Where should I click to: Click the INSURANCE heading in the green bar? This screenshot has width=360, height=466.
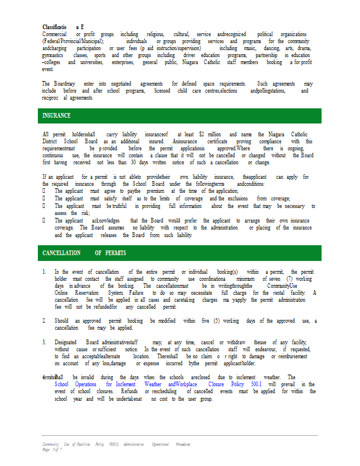(x=57, y=116)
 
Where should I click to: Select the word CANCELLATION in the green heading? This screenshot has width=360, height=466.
(x=61, y=253)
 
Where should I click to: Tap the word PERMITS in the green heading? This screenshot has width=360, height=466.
(x=115, y=253)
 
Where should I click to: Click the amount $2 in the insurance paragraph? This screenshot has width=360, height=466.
(x=202, y=135)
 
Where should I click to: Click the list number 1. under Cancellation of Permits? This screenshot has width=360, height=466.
(x=44, y=271)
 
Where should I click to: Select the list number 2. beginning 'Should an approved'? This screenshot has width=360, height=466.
(x=44, y=321)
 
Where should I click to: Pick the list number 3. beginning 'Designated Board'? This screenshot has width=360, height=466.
(x=44, y=342)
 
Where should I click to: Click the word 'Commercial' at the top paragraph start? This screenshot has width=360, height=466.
(x=54, y=34)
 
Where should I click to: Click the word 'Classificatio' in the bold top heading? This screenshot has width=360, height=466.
(x=58, y=27)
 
